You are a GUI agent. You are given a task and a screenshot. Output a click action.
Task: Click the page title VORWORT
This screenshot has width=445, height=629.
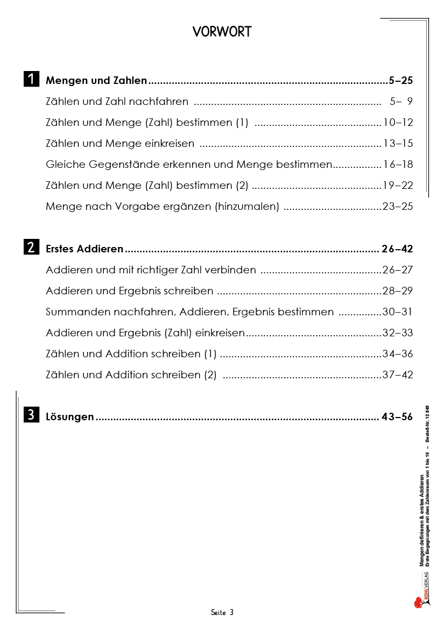click(222, 32)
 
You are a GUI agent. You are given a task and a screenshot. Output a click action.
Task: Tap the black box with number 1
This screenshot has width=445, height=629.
click(31, 79)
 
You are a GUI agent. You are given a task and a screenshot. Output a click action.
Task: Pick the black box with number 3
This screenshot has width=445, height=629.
click(31, 415)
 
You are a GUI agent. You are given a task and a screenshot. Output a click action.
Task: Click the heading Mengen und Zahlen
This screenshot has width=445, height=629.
click(96, 81)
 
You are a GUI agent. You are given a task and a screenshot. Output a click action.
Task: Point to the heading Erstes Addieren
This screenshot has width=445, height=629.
click(84, 249)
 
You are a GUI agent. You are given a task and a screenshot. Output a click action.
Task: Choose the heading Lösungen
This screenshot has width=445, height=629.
click(70, 416)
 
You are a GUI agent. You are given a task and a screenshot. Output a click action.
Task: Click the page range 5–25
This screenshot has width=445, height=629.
click(400, 81)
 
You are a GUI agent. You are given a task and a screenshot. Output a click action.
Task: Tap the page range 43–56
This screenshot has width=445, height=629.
click(397, 416)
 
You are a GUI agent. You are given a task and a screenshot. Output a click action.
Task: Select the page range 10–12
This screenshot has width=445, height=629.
click(398, 123)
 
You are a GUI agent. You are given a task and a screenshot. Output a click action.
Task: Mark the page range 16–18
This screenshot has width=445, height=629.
click(398, 165)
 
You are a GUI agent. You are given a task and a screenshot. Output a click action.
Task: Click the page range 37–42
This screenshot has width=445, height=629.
click(398, 375)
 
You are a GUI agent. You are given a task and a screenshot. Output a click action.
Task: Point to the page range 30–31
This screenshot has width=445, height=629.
click(398, 312)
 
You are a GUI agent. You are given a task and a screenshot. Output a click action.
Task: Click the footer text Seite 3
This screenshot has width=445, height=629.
click(222, 612)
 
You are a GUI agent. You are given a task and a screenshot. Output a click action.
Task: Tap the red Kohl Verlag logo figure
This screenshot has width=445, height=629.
click(418, 603)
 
